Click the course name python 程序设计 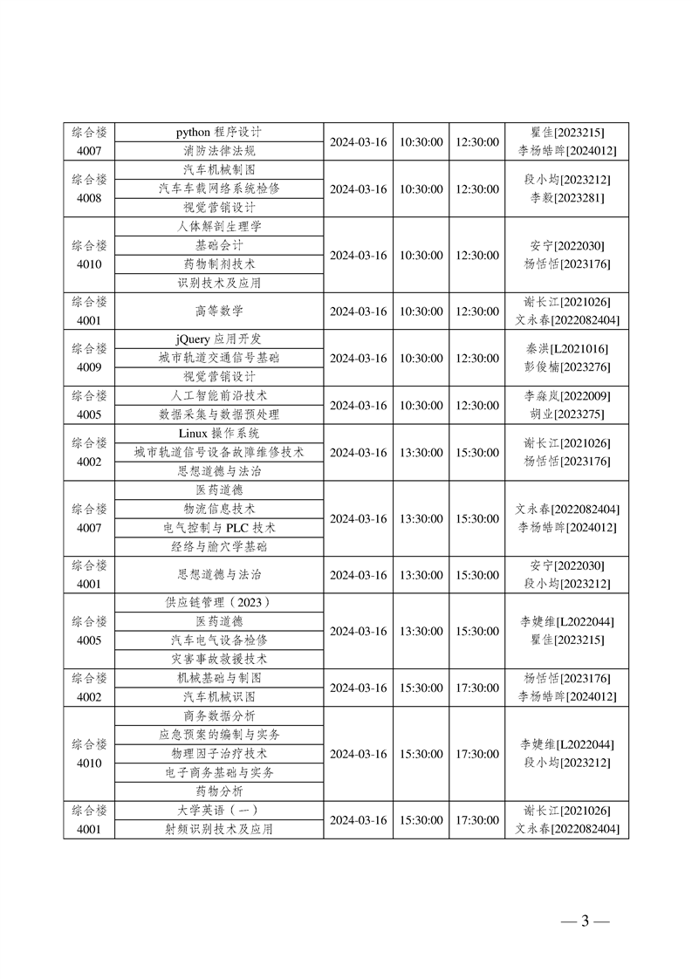point(219,133)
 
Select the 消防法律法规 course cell point(219,151)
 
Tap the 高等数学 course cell point(219,311)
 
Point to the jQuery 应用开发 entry point(219,339)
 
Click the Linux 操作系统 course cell point(219,434)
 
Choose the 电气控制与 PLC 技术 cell point(219,528)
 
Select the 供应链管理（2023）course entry point(219,602)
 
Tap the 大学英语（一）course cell point(219,811)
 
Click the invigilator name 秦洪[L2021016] point(567,349)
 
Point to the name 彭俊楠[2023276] point(567,367)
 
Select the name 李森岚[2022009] point(567,396)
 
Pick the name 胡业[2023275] point(567,414)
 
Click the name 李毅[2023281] point(567,198)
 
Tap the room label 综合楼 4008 point(89,188)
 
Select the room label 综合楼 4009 point(89,358)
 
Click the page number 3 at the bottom point(585,921)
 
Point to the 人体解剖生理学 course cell point(219,226)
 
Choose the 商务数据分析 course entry point(219,715)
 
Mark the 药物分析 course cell point(219,791)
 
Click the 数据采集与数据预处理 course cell point(219,414)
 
